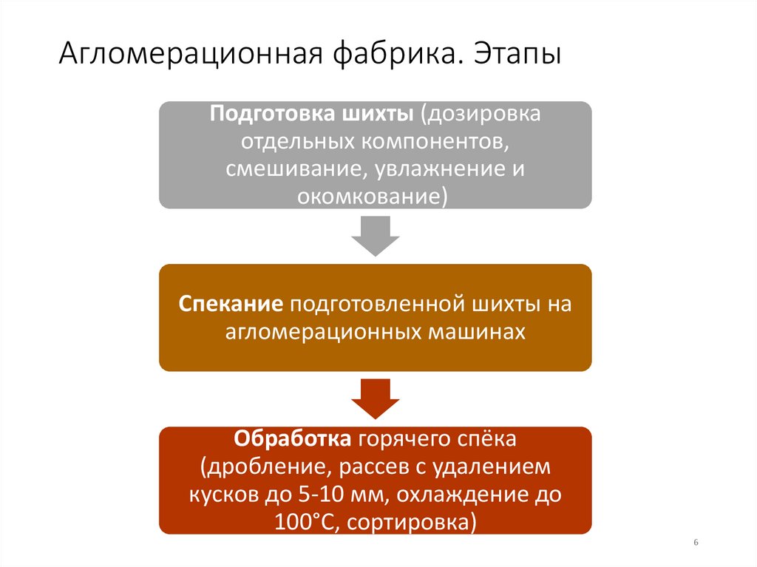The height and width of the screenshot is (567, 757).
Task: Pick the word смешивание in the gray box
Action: click(x=291, y=169)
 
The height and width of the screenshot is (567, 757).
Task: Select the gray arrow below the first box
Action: click(x=375, y=236)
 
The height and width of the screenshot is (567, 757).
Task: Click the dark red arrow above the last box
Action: click(x=375, y=398)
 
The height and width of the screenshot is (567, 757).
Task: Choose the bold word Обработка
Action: click(x=293, y=440)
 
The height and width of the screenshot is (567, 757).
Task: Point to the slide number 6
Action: click(x=696, y=543)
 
